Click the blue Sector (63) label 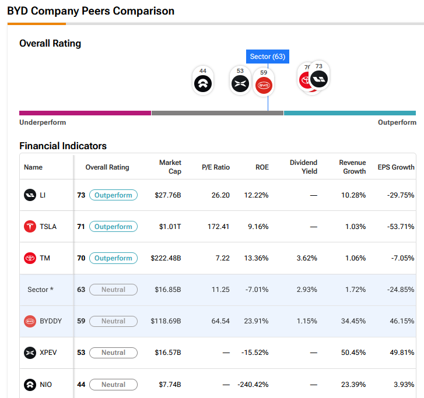click(268, 57)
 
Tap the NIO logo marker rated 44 click(203, 83)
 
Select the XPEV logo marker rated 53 click(240, 83)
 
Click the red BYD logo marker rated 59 click(264, 85)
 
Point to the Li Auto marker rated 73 click(319, 79)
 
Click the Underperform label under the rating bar click(43, 122)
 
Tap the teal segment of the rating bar click(349, 113)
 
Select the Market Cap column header click(170, 167)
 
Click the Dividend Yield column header click(303, 167)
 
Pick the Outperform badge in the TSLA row click(113, 227)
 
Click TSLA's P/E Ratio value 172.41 click(218, 227)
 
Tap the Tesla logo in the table click(30, 227)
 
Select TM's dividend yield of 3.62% click(307, 258)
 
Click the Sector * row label click(41, 290)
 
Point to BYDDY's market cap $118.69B click(166, 321)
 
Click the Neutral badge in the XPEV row click(113, 353)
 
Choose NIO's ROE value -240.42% click(253, 385)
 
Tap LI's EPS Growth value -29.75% click(401, 195)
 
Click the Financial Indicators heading click(63, 146)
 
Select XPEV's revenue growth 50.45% click(353, 353)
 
